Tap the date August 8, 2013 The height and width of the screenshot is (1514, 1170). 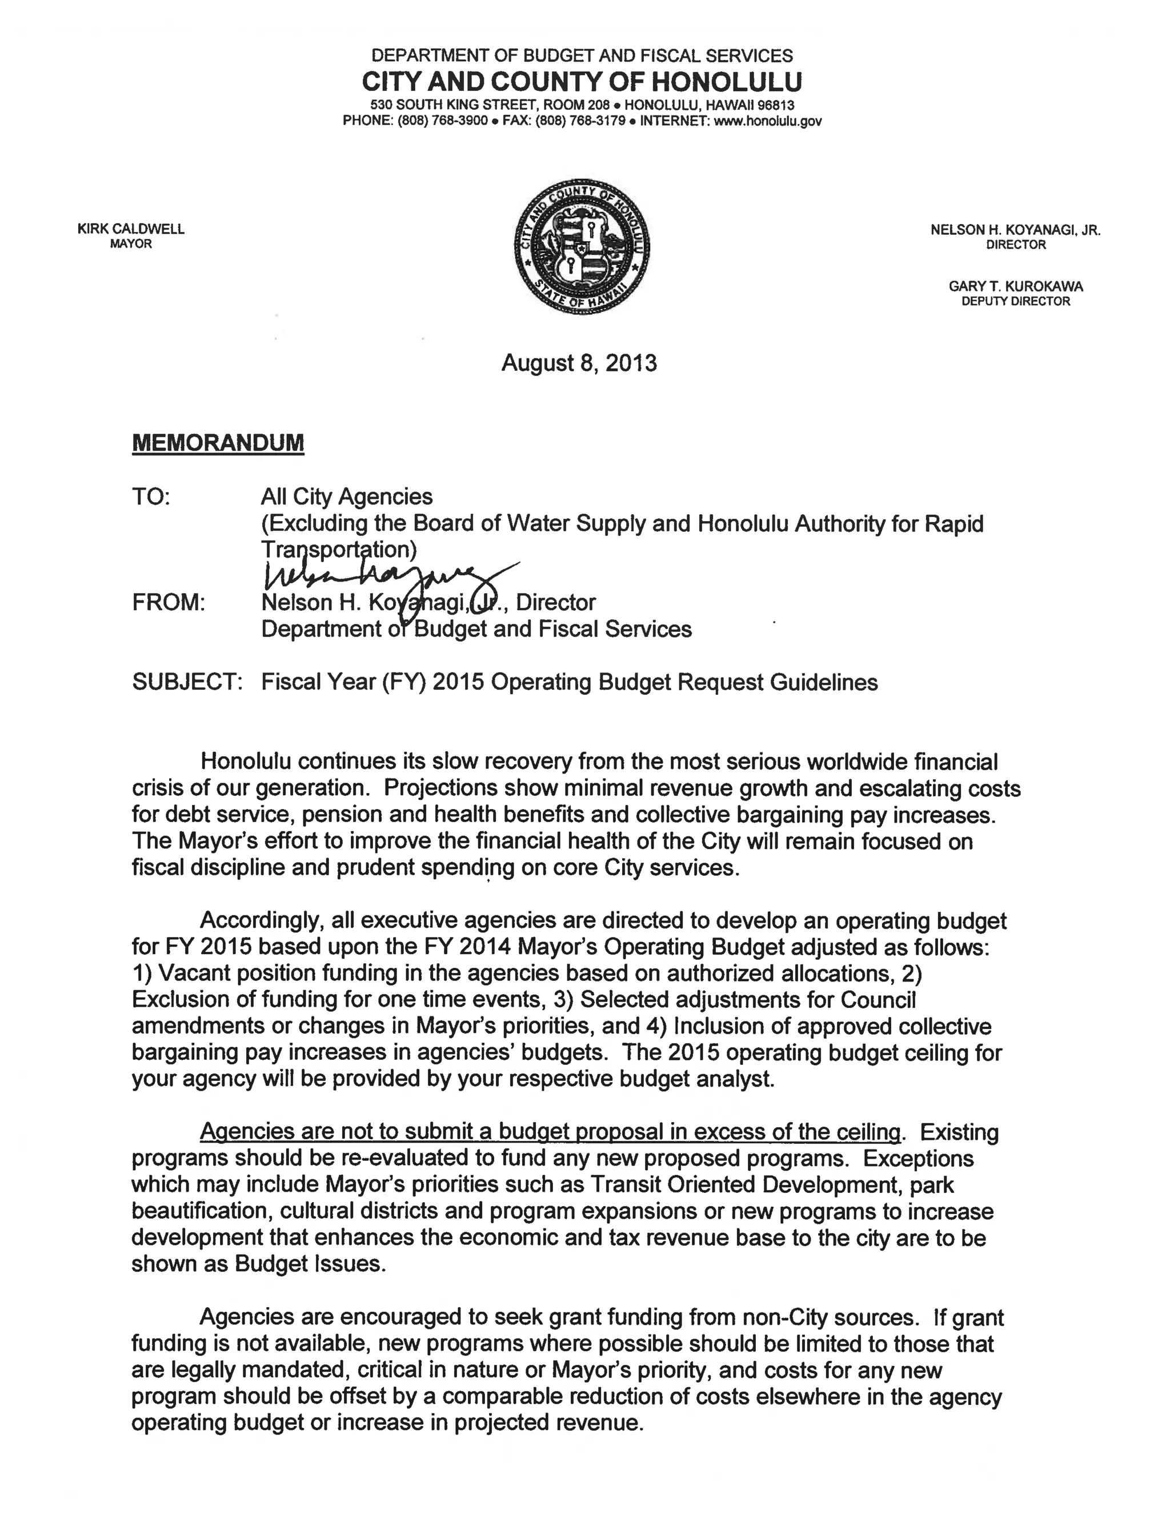coord(579,363)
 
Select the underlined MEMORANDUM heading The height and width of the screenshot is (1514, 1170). coord(218,442)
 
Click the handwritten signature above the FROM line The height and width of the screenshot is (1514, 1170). coord(388,575)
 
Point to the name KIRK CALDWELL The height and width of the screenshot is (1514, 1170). coord(131,229)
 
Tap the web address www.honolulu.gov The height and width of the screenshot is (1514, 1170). coord(767,121)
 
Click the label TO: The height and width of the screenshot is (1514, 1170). coord(150,497)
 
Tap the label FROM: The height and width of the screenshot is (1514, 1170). coord(169,602)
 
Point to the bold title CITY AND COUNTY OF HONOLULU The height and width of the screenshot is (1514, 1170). coord(582,82)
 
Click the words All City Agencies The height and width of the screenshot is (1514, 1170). coord(347,497)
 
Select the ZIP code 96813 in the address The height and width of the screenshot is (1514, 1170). coord(774,105)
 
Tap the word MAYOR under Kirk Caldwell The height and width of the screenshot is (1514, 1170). coord(131,244)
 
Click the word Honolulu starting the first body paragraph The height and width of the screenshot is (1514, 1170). coord(245,762)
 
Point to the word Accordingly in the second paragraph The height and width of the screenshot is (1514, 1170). coord(259,920)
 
